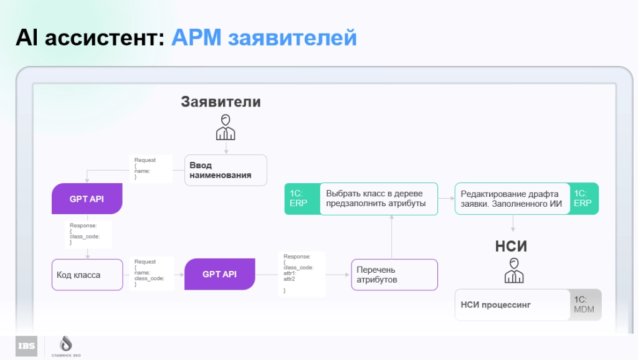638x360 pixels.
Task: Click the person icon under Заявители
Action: (226, 127)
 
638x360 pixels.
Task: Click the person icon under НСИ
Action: (513, 270)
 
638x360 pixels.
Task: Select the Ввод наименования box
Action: (226, 170)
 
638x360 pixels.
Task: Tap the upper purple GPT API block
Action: (87, 199)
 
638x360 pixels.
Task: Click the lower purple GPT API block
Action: (220, 274)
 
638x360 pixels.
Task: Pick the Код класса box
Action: (87, 275)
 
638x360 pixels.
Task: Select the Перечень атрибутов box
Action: (394, 275)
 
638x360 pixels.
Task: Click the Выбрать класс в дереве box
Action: (379, 199)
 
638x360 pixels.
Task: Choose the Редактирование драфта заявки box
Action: (512, 199)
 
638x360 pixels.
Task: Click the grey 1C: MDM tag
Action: (585, 305)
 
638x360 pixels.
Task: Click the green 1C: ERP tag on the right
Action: (584, 199)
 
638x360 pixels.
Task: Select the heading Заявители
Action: (221, 102)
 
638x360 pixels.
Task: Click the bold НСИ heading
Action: (512, 246)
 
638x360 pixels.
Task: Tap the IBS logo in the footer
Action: (26, 346)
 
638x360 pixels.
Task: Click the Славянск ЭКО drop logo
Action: (65, 344)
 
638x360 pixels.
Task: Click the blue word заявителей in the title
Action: (292, 38)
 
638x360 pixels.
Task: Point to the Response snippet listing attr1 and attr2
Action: (298, 273)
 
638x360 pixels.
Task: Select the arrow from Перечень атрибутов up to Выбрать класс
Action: (392, 237)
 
